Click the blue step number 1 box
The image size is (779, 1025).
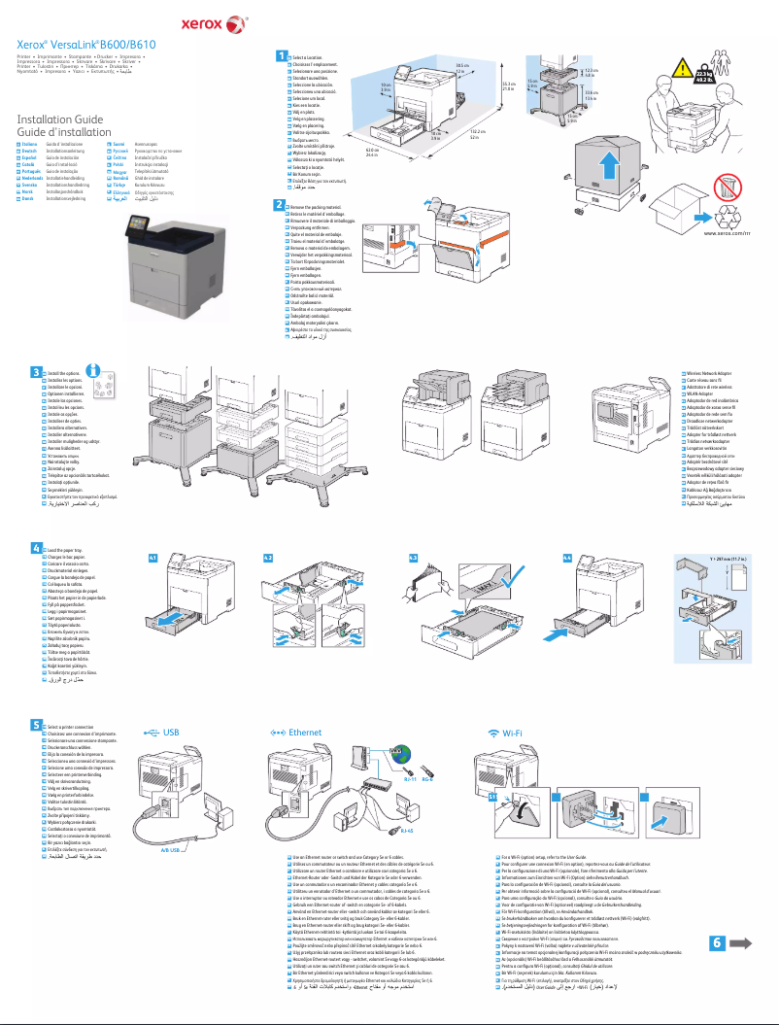click(x=281, y=56)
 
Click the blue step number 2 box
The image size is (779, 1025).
click(x=281, y=205)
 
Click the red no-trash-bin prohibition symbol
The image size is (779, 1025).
click(x=727, y=188)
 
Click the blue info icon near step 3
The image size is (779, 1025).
click(x=94, y=370)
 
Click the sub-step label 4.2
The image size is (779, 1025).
click(x=269, y=558)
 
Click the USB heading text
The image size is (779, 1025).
click(x=171, y=732)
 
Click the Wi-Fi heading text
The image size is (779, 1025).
click(x=515, y=732)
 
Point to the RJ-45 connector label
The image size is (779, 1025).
click(x=407, y=833)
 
